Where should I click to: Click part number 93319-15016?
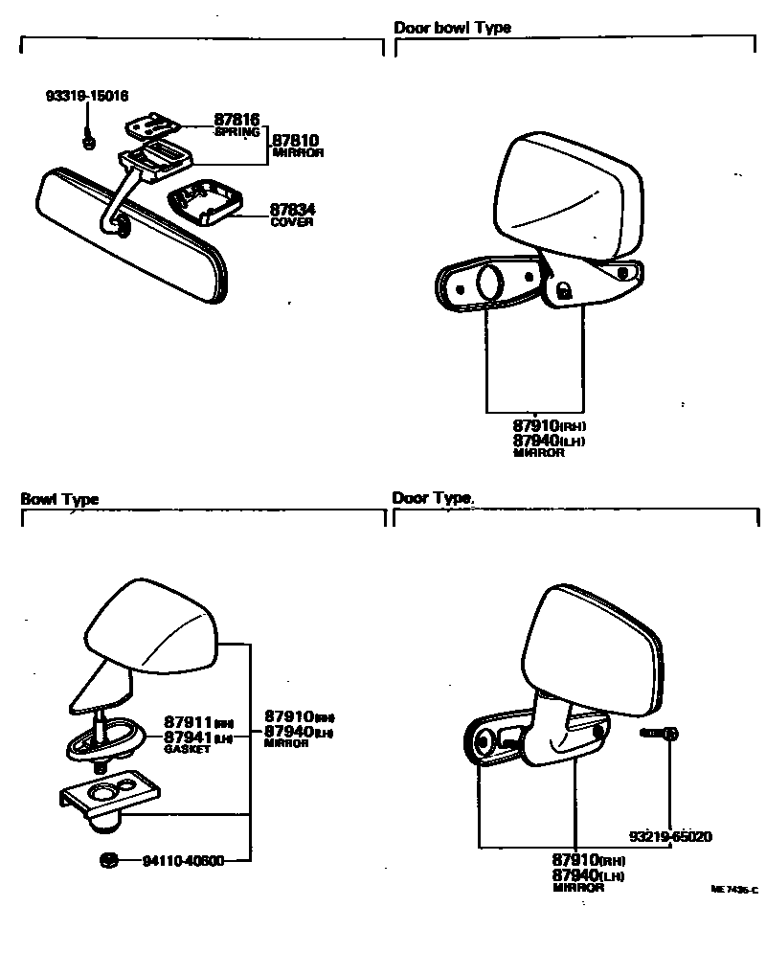coord(87,97)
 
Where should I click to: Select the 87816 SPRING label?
coord(237,125)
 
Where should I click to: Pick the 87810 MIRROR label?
coord(297,145)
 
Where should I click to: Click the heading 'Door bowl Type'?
coord(452,28)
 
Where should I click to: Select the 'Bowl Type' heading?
coord(59,499)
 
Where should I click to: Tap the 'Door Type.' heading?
coord(434,498)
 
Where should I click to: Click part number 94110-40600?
coord(183,860)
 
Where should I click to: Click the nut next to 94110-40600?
coord(108,858)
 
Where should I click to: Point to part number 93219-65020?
coord(670,836)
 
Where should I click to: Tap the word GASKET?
coord(187,749)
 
